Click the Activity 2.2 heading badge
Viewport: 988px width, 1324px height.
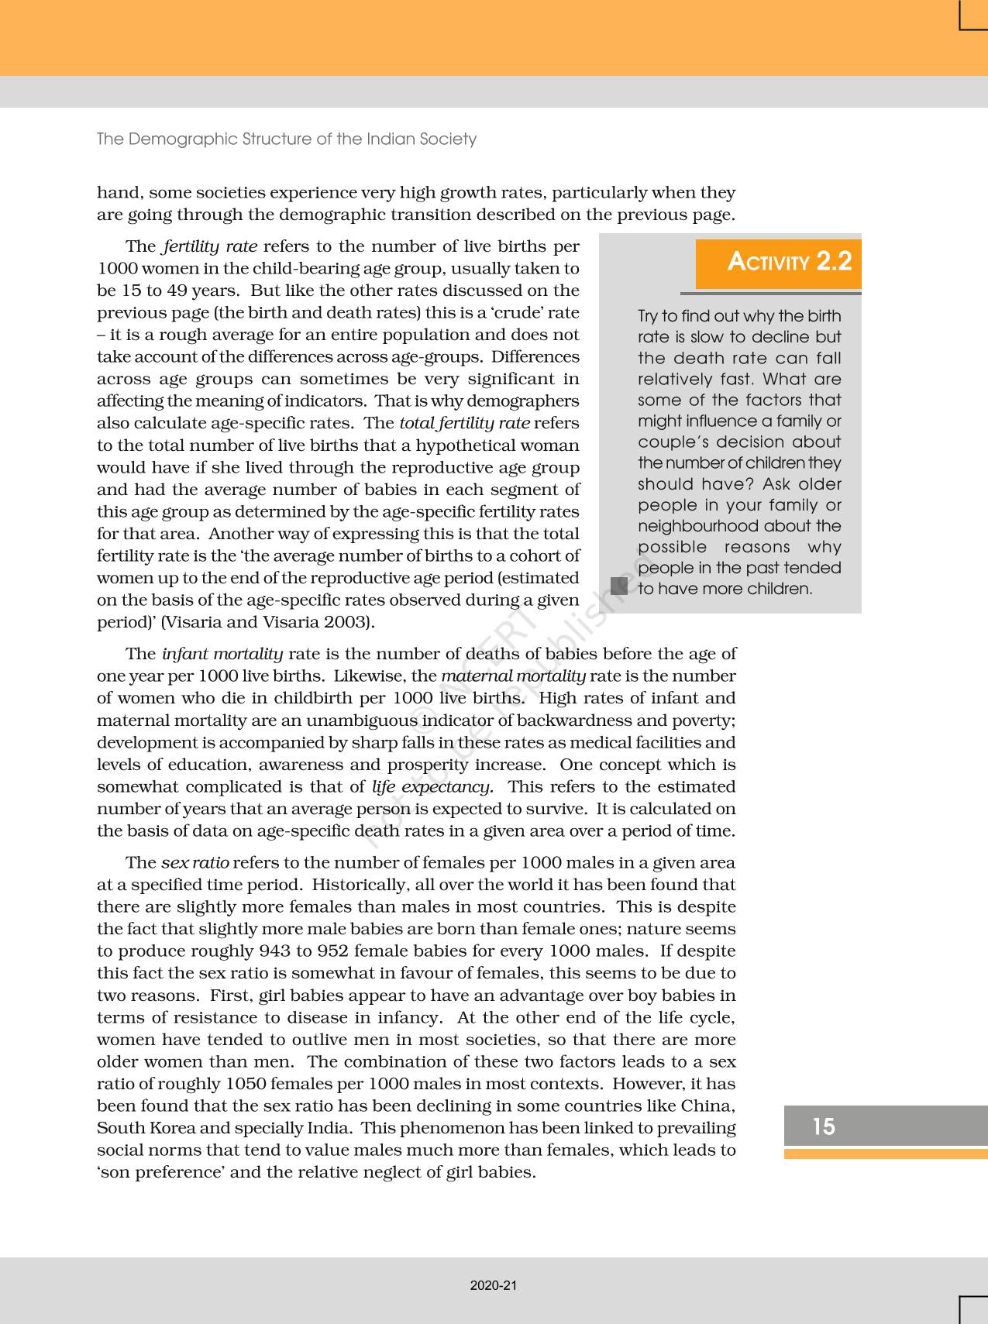click(x=779, y=263)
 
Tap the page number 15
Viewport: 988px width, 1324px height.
click(x=824, y=1126)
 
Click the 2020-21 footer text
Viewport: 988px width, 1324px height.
click(x=494, y=1285)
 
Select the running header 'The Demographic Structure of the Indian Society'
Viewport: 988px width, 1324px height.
click(x=286, y=139)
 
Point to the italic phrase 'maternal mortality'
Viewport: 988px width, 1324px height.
click(x=513, y=676)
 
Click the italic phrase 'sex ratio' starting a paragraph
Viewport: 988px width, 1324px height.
click(x=195, y=862)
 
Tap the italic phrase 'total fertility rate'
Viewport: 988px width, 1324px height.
click(x=464, y=423)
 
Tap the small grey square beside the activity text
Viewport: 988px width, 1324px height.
click(x=618, y=586)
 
